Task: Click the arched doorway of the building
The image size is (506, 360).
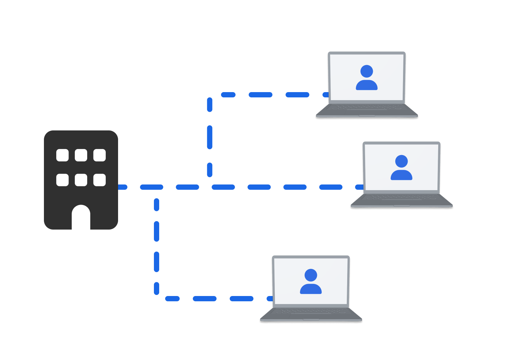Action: point(81,218)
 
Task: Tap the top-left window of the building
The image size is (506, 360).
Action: point(63,155)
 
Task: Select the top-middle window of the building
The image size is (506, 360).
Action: point(81,155)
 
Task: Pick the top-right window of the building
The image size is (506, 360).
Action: point(99,155)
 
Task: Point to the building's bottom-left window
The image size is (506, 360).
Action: point(63,180)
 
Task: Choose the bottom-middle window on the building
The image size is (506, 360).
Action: point(81,180)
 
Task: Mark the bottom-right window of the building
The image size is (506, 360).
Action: point(99,180)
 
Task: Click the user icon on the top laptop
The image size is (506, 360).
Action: point(366,78)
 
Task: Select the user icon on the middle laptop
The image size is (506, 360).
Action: point(401,168)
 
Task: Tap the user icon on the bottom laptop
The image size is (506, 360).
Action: point(311,282)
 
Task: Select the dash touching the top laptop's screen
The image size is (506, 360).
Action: point(326,95)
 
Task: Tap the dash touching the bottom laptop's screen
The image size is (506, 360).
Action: point(270,298)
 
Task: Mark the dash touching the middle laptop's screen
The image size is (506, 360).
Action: point(360,187)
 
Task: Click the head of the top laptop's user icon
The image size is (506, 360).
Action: point(366,71)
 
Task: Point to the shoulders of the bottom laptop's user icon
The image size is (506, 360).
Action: point(311,289)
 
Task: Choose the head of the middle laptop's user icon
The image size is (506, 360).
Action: point(401,161)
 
